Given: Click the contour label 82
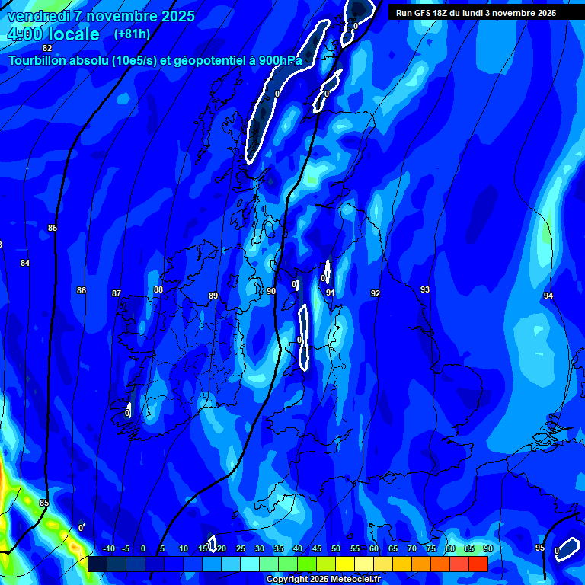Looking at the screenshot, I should (47, 48).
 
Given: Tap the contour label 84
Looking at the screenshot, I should (25, 263).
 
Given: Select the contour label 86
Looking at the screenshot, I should (82, 290).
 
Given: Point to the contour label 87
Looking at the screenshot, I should (117, 293).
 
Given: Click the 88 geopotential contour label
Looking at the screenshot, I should (158, 289).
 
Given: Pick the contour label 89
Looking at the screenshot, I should (213, 296).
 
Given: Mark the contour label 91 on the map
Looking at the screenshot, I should (331, 292).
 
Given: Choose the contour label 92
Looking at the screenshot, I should (376, 293).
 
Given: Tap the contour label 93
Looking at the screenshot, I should (425, 289).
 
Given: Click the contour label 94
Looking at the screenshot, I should (548, 296).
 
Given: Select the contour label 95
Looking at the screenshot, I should (540, 548).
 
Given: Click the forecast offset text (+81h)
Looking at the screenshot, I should (132, 34).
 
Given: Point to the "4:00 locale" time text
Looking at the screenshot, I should (53, 34).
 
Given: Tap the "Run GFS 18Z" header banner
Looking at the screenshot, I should (476, 13).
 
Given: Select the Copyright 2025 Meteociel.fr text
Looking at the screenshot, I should (323, 580).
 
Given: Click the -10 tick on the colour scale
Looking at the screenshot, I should (107, 548).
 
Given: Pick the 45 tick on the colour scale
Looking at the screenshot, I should (317, 548).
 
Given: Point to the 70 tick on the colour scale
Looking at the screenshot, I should (412, 548).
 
